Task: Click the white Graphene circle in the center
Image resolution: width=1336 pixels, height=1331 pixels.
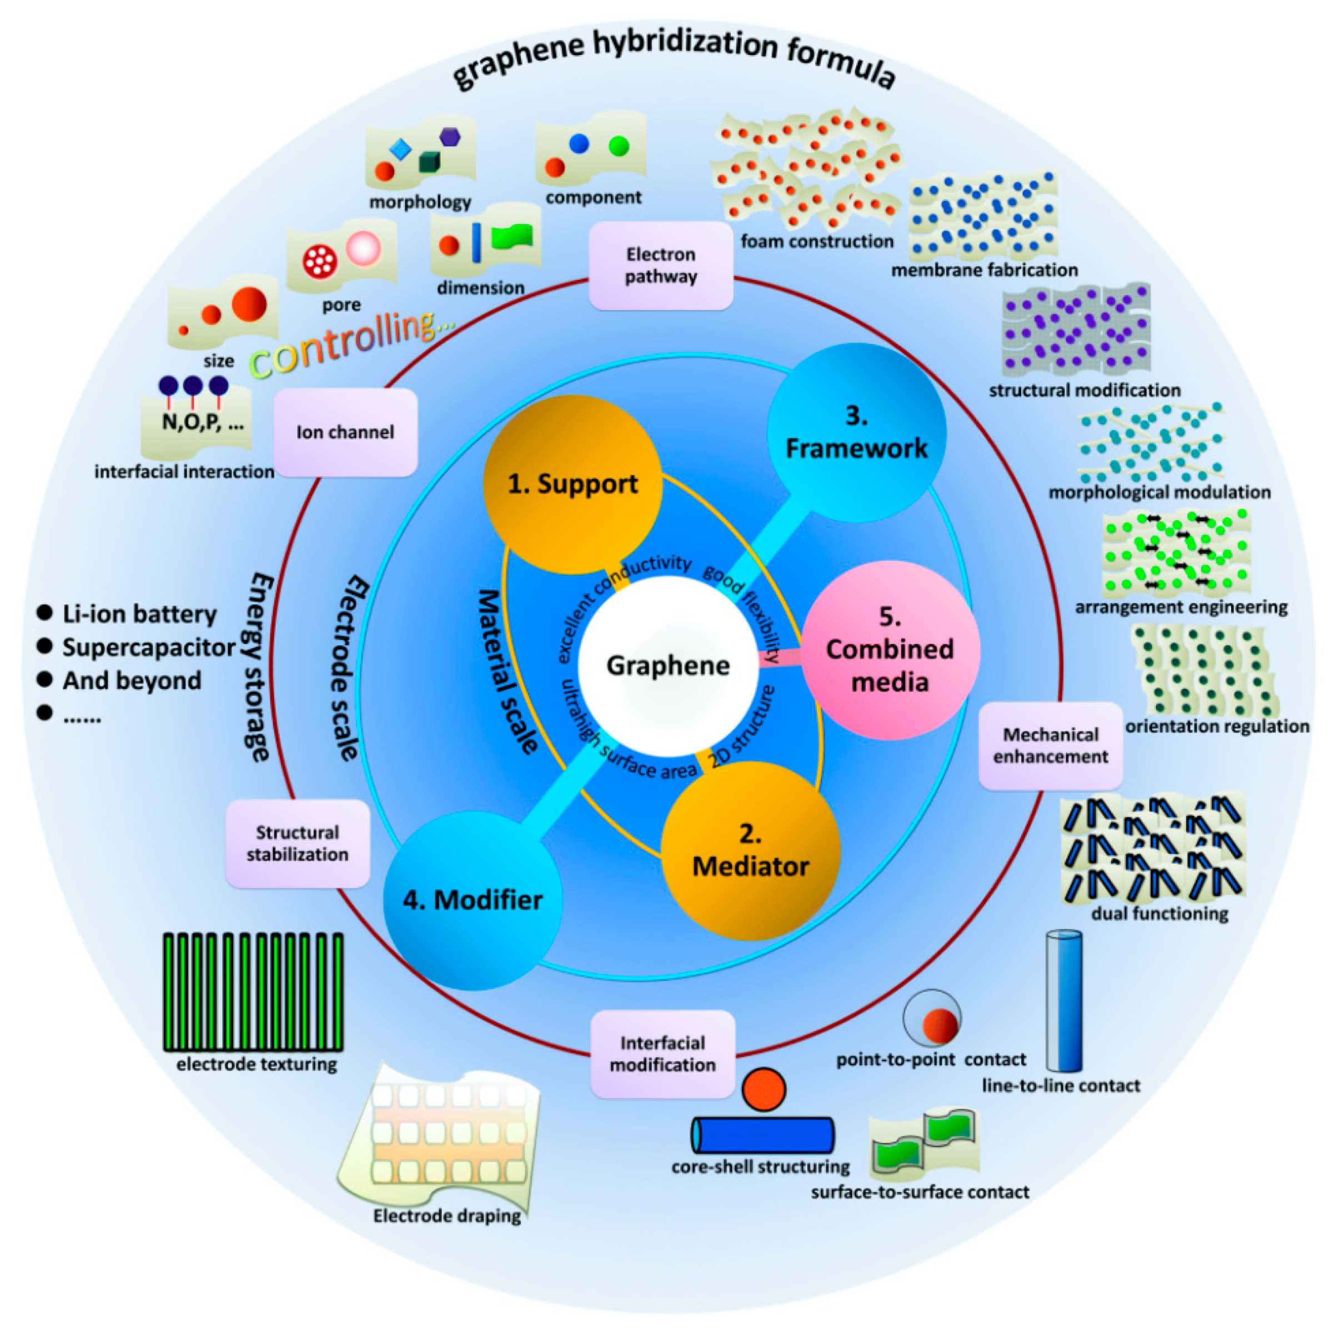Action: [667, 665]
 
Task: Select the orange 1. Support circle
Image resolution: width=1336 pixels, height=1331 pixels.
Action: [572, 484]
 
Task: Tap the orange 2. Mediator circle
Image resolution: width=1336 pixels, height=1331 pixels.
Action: [750, 851]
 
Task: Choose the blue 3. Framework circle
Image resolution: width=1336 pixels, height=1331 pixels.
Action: [856, 432]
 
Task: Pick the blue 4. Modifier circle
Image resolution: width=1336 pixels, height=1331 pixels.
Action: [473, 900]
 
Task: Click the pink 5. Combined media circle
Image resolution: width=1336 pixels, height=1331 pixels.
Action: [890, 651]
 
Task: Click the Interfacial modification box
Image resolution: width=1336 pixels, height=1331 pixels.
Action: [662, 1054]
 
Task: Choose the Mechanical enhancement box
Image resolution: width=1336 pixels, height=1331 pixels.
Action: [1051, 745]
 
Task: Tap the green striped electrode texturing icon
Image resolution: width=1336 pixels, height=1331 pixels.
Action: [253, 992]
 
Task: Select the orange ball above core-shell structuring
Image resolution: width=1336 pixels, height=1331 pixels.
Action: [764, 1089]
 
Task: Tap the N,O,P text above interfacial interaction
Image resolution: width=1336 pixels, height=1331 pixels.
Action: [203, 422]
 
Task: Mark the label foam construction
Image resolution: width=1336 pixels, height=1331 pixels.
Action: [817, 242]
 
